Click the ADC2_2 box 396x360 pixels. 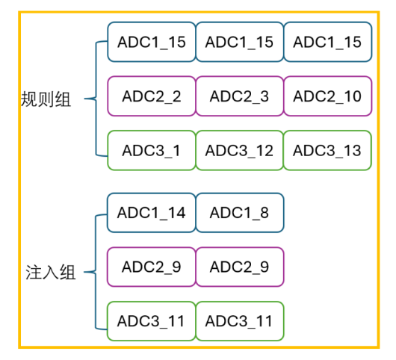click(152, 96)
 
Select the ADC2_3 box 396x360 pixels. click(239, 96)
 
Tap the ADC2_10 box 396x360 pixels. click(327, 96)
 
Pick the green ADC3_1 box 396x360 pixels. click(152, 150)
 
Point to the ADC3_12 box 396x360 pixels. click(239, 150)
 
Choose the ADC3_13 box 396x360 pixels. click(327, 150)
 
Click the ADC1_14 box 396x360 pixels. click(152, 213)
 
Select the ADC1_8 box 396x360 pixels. click(240, 213)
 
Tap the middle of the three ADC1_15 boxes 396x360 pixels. click(239, 42)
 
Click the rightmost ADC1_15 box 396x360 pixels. click(327, 42)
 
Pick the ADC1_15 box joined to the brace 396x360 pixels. click(152, 42)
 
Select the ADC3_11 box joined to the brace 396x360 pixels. click(152, 321)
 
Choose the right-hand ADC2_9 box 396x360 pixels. click(240, 267)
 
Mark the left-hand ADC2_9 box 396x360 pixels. click(152, 267)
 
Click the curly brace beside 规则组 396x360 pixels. click(96, 99)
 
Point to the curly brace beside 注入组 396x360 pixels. click(96, 272)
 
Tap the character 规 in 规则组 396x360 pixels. click(29, 99)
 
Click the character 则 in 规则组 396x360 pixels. click(46, 99)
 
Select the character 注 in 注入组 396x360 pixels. click(34, 273)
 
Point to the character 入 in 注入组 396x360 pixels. click(51, 273)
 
